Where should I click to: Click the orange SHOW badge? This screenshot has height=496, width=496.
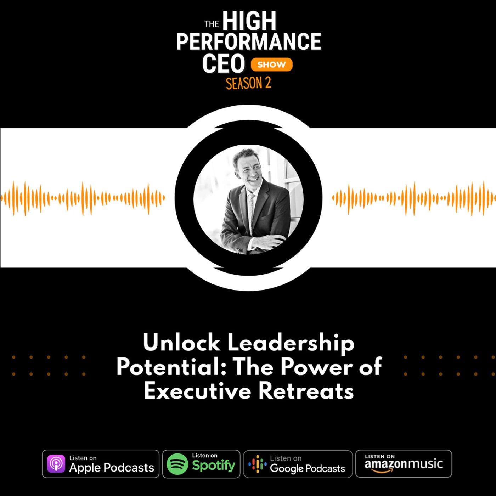[271, 64]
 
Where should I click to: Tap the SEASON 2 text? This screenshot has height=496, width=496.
[248, 83]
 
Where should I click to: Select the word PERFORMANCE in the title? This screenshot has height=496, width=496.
[249, 41]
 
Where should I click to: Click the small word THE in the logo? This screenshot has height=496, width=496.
[212, 24]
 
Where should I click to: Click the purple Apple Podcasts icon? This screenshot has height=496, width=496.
[56, 463]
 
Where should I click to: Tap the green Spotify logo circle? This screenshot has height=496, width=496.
[177, 464]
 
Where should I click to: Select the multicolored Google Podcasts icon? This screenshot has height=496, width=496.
[258, 464]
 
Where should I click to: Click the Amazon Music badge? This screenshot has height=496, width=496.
[403, 463]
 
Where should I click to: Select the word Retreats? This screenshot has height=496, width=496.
[306, 391]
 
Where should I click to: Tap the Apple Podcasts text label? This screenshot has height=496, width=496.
[112, 468]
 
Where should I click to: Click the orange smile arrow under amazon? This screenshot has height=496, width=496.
[382, 470]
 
